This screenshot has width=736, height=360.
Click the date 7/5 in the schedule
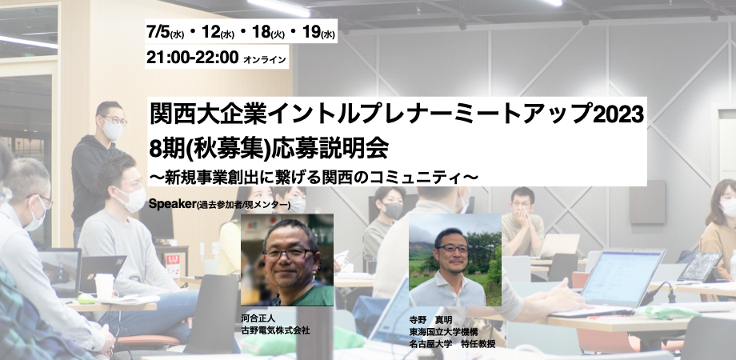coord(160,34)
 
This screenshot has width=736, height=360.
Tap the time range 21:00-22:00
coord(192,57)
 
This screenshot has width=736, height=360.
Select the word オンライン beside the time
coord(263,58)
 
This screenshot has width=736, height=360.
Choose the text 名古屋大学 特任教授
coord(452,344)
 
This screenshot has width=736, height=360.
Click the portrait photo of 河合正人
coord(286,260)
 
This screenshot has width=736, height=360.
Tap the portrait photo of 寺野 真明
coord(454,260)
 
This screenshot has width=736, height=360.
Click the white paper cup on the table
coord(104,286)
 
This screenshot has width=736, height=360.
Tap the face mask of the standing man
coord(113,131)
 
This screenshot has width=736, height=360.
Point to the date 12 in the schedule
coord(211,34)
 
